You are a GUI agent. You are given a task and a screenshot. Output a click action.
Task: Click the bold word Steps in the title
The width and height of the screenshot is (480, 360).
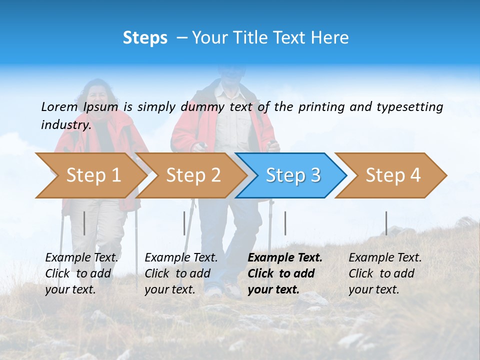[145, 38]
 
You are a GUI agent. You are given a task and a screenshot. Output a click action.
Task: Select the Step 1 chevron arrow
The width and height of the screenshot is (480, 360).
[93, 175]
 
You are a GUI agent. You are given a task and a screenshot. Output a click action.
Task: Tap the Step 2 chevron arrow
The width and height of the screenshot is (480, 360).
[193, 175]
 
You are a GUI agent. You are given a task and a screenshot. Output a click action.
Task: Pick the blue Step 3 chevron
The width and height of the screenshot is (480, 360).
[292, 175]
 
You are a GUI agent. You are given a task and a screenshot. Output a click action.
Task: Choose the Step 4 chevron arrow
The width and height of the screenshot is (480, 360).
[392, 175]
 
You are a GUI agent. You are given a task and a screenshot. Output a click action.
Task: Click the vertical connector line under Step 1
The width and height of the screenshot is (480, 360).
[84, 223]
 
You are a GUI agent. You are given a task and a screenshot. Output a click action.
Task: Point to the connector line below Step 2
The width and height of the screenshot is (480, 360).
[184, 223]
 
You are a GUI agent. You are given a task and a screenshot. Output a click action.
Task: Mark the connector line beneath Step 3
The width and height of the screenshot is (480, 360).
[285, 223]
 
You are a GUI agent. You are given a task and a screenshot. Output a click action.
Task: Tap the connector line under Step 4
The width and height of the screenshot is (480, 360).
[386, 223]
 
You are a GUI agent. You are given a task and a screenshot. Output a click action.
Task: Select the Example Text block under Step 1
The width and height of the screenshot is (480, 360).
[81, 273]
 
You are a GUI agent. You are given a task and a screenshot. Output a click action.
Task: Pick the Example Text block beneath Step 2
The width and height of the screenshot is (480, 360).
[181, 273]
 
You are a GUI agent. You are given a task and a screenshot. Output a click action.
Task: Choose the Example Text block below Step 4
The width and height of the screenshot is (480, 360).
[385, 273]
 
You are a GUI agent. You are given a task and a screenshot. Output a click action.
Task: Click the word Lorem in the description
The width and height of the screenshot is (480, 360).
[59, 106]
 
